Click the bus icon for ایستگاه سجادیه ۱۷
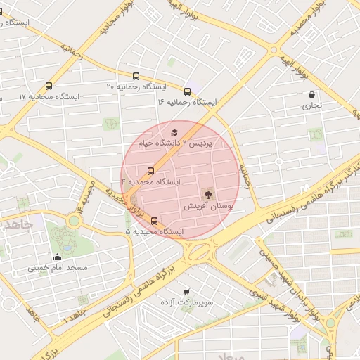(48, 85)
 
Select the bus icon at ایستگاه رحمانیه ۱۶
(187, 91)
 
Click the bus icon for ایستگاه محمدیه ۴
(150, 171)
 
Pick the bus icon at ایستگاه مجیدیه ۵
(155, 221)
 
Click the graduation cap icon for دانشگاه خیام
(174, 132)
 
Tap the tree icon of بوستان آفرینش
(207, 194)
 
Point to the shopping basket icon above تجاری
(311, 95)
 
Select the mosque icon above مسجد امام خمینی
(57, 257)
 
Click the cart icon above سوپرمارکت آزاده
(186, 291)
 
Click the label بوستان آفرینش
(207, 206)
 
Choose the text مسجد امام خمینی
(58, 268)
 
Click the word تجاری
(311, 106)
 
